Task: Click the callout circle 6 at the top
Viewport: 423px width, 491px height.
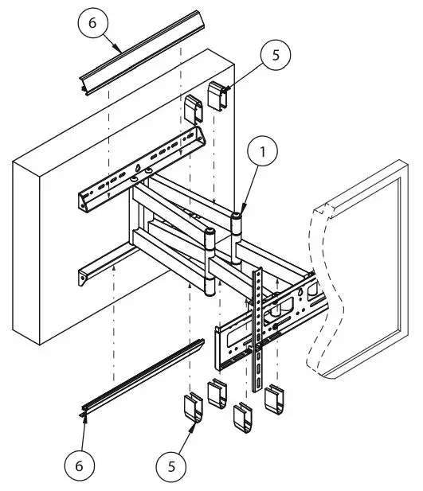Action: coord(92,24)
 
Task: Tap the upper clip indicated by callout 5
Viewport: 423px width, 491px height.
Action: coord(217,95)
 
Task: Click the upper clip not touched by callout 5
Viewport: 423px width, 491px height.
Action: coord(194,109)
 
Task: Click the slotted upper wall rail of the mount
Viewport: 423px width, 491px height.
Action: coord(139,171)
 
